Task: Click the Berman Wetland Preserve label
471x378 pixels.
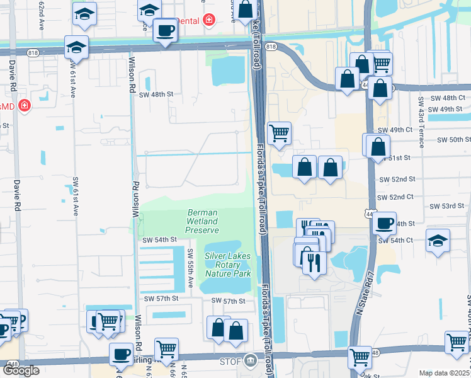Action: (x=202, y=222)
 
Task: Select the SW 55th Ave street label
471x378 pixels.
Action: (x=190, y=265)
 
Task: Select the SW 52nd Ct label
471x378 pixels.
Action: (x=395, y=197)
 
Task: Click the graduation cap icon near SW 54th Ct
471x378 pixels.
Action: (x=438, y=240)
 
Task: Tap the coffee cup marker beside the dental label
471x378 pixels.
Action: (x=166, y=30)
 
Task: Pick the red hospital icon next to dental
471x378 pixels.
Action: (x=209, y=21)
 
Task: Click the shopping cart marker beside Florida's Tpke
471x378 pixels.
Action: (x=279, y=133)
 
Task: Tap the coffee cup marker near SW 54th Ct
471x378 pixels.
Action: (x=384, y=222)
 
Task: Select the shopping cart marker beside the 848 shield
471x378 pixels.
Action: (x=360, y=356)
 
